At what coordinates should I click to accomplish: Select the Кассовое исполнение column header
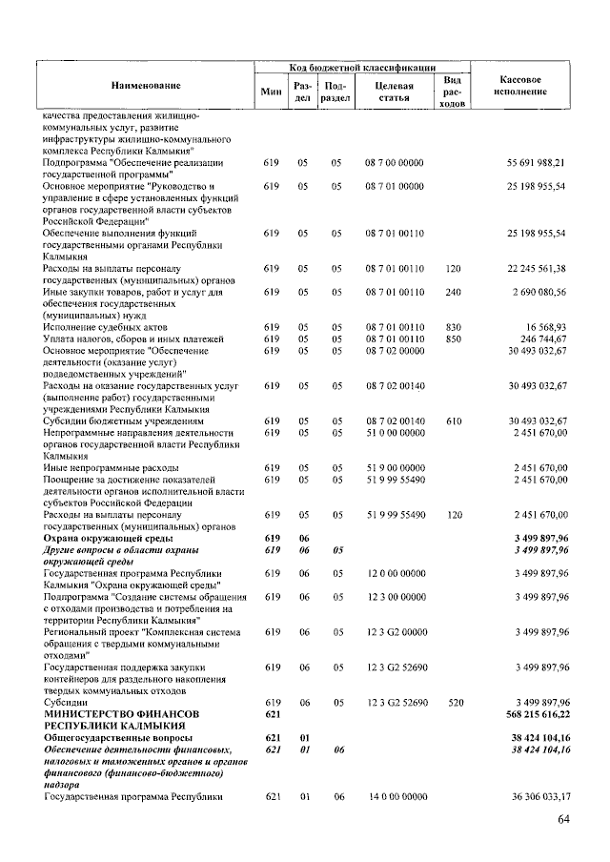coord(520,84)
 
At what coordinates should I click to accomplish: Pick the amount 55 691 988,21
coord(537,163)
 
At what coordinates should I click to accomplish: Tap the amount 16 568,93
coord(545,326)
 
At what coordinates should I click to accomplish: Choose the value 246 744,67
coord(542,338)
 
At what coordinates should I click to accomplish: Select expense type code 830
coord(453,326)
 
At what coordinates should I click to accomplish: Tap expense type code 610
coord(453,420)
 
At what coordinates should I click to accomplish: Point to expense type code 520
coord(453,702)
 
